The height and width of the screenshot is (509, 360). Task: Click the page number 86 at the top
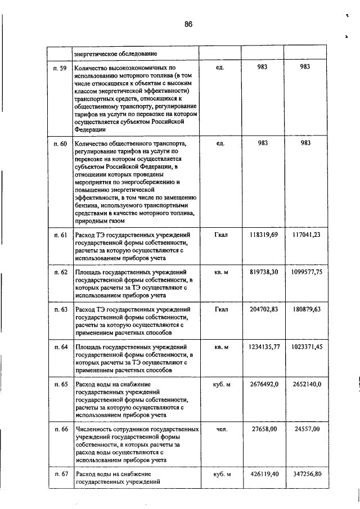click(188, 24)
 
